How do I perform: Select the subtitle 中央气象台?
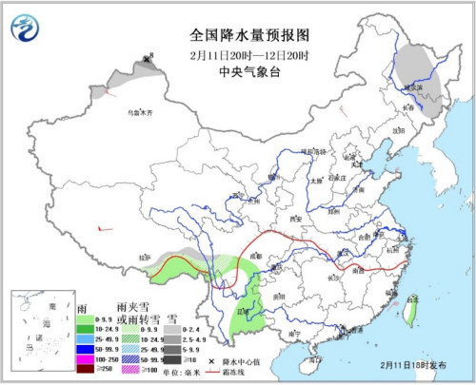(x=238, y=70)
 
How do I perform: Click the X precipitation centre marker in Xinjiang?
(x=146, y=60)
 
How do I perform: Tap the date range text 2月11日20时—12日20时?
(x=238, y=55)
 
